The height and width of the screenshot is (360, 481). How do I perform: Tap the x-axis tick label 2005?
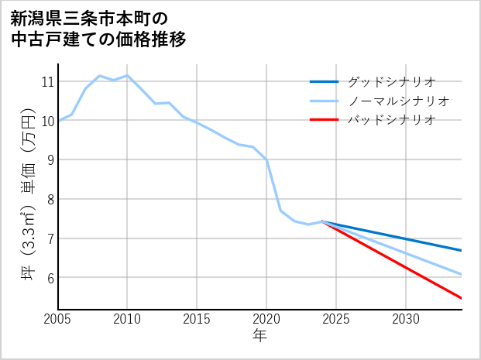58,319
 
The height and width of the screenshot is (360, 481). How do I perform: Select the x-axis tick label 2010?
127,319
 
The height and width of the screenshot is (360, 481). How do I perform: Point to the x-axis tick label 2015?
197,319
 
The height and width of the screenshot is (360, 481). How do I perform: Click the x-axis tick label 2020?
266,319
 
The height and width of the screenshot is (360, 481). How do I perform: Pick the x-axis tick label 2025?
336,319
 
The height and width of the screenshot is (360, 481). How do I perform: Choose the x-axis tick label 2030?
406,319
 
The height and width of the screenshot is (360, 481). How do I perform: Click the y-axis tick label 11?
46,81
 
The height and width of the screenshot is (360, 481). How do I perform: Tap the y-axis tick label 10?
46,121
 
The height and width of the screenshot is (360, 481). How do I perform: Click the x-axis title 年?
259,336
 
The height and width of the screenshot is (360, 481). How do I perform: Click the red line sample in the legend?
324,120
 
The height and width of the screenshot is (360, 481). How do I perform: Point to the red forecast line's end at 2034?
462,298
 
